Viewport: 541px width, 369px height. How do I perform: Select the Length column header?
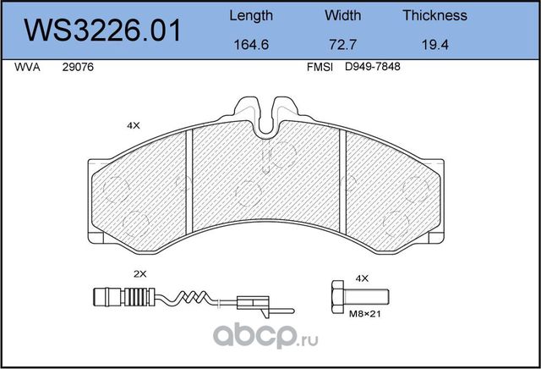tap(251, 15)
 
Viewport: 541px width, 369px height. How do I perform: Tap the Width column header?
tap(342, 15)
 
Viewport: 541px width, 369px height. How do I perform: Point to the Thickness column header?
tap(434, 15)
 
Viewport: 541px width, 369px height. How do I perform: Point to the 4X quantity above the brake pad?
tap(133, 125)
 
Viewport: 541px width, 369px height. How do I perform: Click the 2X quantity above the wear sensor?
tap(140, 274)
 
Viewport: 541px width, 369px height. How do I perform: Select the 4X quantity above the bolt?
tap(363, 277)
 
